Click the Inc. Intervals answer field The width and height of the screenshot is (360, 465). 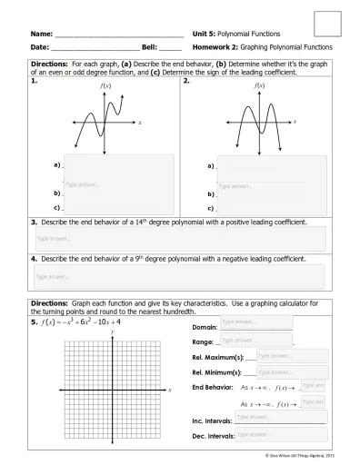(279, 419)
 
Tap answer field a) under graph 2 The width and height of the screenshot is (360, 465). (273, 166)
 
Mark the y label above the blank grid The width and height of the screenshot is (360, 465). (112, 332)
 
